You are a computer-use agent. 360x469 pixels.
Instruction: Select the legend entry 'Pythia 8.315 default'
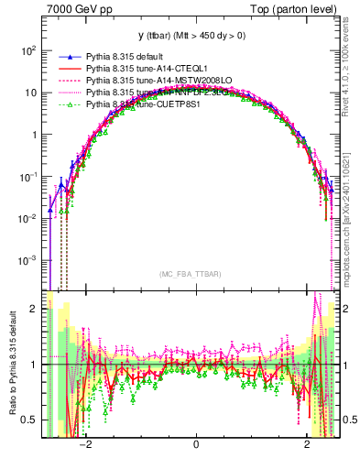pyautogui.click(x=127, y=56)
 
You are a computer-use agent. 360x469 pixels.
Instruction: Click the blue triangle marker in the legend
pyautogui.click(x=65, y=56)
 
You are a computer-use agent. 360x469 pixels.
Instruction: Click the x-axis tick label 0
pyautogui.click(x=196, y=445)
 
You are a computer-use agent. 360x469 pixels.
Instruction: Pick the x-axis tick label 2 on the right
pyautogui.click(x=308, y=445)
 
